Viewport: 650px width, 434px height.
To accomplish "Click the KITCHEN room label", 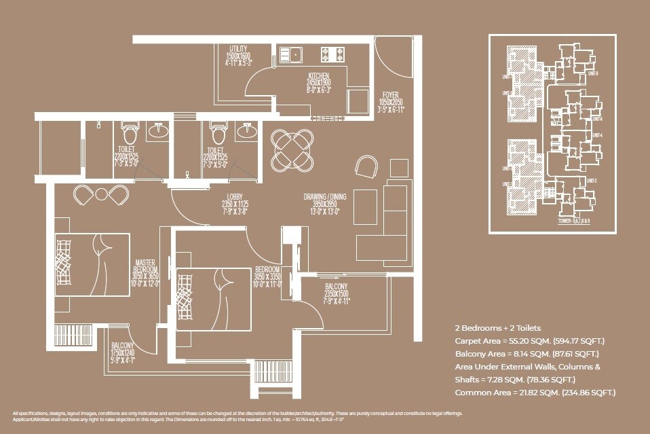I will click(318, 76).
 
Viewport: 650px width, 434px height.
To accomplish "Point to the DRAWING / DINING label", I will click(324, 197).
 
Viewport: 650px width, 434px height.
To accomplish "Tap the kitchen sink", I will click(294, 53).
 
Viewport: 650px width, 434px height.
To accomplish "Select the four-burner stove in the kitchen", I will click(332, 53).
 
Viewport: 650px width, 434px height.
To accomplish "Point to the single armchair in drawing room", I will click(366, 165).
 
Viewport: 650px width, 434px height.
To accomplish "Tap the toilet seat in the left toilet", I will click(129, 128).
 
